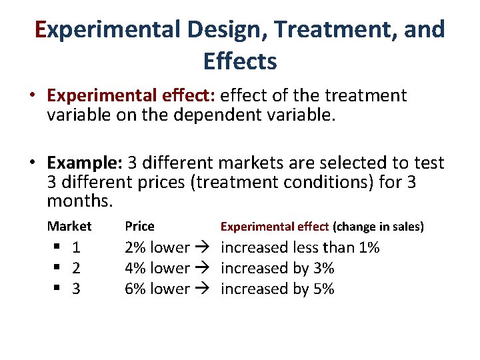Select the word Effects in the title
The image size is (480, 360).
pos(240,61)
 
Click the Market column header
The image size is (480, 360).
pos(69,226)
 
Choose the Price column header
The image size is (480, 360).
pos(139,226)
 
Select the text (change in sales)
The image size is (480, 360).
pos(378,227)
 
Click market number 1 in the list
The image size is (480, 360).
pos(76,248)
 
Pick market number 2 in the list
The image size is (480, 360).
pos(76,268)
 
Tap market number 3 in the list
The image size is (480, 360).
pos(76,289)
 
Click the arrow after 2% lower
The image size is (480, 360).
pos(203,248)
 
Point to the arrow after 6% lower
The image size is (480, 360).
pos(203,289)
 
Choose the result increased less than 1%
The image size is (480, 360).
pos(300,248)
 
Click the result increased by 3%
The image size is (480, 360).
pos(277,268)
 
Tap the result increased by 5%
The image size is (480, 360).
pos(277,289)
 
